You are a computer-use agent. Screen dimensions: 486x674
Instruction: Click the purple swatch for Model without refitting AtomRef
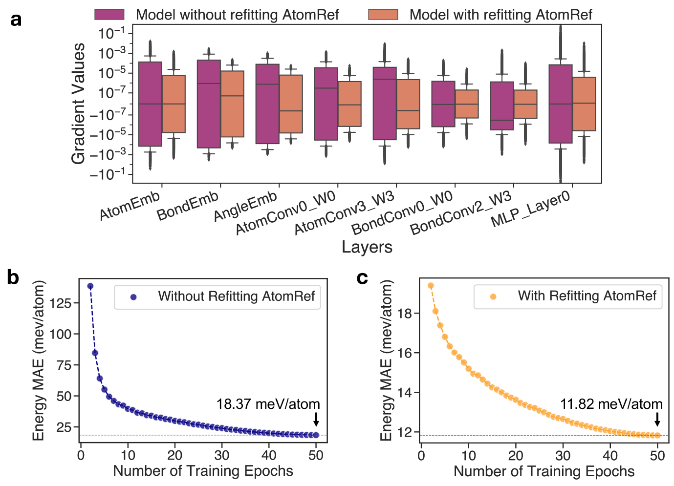[109, 15]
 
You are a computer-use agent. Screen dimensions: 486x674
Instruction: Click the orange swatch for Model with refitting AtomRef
[383, 15]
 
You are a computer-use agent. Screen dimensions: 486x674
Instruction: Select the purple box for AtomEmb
[150, 104]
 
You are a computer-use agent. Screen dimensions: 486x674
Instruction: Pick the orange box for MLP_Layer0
[584, 104]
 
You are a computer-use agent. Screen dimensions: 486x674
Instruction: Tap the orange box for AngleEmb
[291, 104]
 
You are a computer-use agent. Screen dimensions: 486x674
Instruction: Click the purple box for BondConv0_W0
[443, 104]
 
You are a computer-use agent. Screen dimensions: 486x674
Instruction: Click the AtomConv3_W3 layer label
[345, 213]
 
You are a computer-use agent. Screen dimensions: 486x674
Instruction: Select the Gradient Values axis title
[78, 104]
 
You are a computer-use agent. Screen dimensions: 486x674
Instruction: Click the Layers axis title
[367, 247]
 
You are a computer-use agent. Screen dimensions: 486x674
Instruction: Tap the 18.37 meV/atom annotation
[268, 404]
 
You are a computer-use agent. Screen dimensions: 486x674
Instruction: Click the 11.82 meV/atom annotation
[611, 404]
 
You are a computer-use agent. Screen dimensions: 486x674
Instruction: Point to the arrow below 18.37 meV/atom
[316, 419]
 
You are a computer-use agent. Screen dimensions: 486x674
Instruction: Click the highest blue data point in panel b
[90, 286]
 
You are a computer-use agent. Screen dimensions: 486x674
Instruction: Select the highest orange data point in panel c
[431, 286]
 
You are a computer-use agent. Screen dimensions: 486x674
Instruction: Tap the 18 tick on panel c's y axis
[406, 313]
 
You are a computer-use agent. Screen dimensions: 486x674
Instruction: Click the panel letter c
[362, 277]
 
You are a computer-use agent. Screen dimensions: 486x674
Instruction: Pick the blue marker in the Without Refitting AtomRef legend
[133, 297]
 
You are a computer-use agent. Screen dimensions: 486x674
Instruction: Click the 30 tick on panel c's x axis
[563, 456]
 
